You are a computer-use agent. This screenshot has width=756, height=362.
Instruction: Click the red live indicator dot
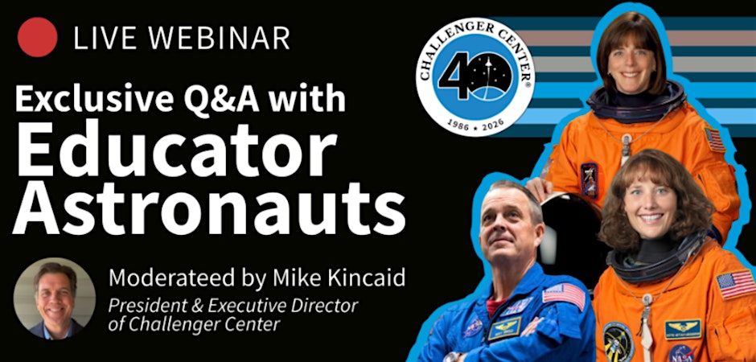pyautogui.click(x=37, y=37)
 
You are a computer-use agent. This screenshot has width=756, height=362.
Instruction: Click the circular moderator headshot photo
pyautogui.click(x=55, y=298)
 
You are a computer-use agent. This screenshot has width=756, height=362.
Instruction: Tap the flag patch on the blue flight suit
pyautogui.click(x=564, y=294)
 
